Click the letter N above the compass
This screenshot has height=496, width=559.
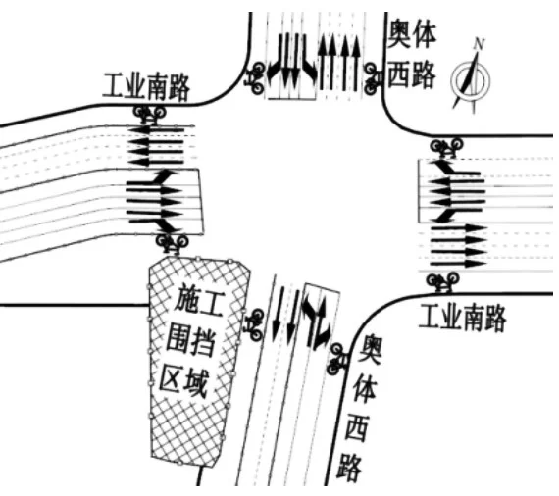coord(480,44)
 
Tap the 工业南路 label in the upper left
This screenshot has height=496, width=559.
coord(146,86)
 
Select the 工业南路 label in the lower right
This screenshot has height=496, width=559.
coord(463,319)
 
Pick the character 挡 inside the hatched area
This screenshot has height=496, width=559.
coord(202,341)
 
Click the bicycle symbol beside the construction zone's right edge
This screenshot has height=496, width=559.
coord(255,324)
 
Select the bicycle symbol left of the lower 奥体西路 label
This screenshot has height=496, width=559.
coord(336,359)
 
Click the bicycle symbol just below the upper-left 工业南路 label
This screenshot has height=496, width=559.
coord(150,114)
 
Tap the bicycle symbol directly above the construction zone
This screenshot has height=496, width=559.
coord(173,243)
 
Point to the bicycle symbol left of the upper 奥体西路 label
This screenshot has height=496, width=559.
coord(373,78)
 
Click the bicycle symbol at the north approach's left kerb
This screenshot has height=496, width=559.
coord(255,78)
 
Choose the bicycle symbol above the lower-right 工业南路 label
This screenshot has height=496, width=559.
coord(442,282)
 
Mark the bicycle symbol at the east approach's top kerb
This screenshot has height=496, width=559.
coord(446,147)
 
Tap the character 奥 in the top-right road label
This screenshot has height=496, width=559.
coord(399,34)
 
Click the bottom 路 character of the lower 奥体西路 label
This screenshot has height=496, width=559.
coord(349,467)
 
